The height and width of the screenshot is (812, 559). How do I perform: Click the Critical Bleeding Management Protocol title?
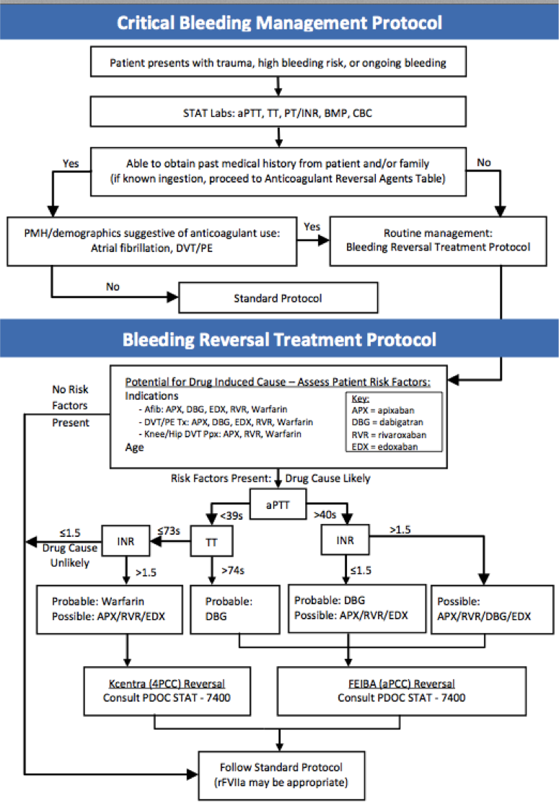pos(279,22)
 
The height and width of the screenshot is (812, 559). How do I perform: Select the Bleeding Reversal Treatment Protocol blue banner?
pos(279,339)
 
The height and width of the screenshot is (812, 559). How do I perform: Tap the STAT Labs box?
pos(278,113)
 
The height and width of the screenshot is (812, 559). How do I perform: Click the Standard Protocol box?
pos(278,297)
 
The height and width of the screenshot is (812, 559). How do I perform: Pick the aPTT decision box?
pos(278,505)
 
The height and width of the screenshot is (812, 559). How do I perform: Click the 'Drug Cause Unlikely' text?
pos(69,555)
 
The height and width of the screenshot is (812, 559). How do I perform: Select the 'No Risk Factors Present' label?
pos(69,406)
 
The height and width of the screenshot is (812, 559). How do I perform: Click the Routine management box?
pos(438,240)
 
